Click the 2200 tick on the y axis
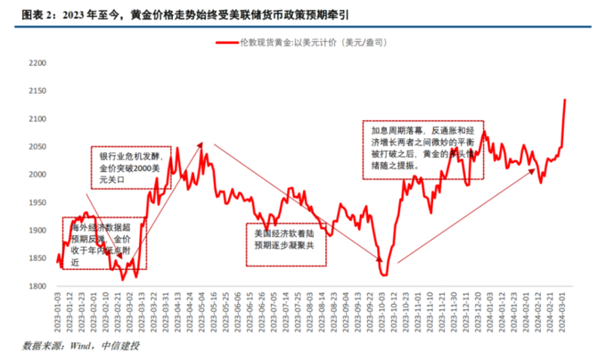pyautogui.click(x=36, y=64)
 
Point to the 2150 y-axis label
pyautogui.click(x=36, y=92)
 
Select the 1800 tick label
pyautogui.click(x=36, y=286)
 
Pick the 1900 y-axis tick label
pyautogui.click(x=36, y=231)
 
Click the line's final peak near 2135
pyautogui.click(x=565, y=99)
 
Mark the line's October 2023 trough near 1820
pyautogui.click(x=384, y=274)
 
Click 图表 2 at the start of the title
pyautogui.click(x=26, y=12)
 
